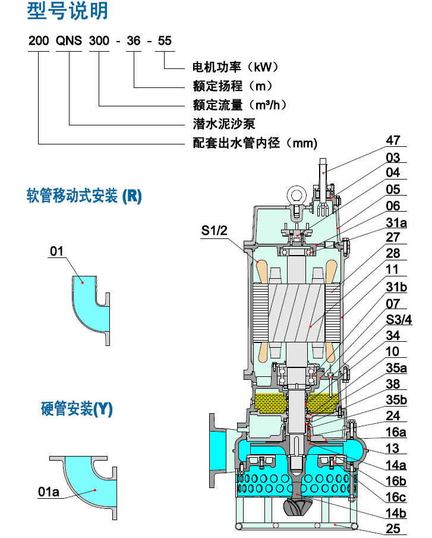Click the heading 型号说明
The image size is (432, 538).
click(x=68, y=12)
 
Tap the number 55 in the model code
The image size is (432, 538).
click(x=164, y=41)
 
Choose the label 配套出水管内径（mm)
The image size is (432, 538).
click(x=255, y=143)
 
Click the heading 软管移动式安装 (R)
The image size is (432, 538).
click(x=84, y=197)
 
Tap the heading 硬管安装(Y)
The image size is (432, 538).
click(x=77, y=409)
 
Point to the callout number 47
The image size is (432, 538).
click(x=393, y=141)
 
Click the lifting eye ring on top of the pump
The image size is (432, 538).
click(x=296, y=194)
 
